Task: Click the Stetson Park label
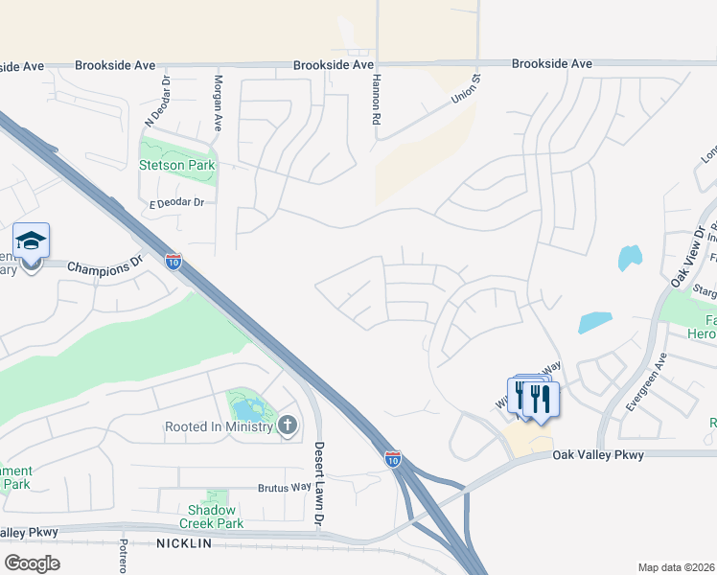(x=177, y=165)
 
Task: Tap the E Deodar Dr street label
(x=177, y=203)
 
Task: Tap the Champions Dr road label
(x=104, y=264)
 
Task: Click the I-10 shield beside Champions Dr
(x=173, y=260)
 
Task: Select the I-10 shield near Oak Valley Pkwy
(x=392, y=458)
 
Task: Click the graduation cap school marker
(x=31, y=241)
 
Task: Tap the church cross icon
(x=287, y=425)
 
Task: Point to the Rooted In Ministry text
(x=220, y=426)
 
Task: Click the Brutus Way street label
(x=284, y=488)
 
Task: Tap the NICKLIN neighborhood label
(x=186, y=543)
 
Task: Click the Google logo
(x=32, y=563)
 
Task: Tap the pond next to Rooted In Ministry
(x=247, y=409)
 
